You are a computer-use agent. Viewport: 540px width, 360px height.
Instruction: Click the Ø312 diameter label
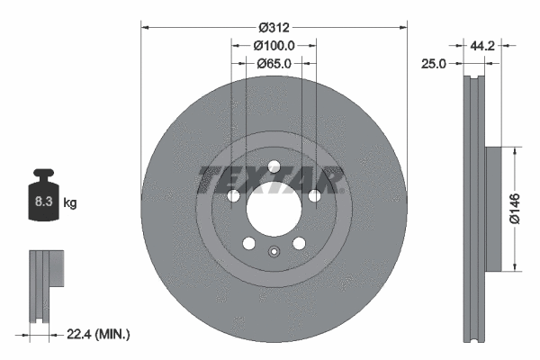click(x=274, y=27)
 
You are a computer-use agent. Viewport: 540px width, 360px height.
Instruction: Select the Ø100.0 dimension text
click(x=274, y=45)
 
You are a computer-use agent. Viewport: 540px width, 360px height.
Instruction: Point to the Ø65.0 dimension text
click(x=274, y=63)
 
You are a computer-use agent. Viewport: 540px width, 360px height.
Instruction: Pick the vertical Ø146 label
click(x=514, y=208)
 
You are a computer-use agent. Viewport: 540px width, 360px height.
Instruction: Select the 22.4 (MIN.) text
click(x=100, y=335)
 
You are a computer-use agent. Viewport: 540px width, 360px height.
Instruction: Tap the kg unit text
click(x=70, y=203)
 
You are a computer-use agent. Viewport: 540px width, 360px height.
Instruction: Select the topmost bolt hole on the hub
click(x=274, y=165)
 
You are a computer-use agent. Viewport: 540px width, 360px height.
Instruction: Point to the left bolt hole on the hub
click(x=232, y=196)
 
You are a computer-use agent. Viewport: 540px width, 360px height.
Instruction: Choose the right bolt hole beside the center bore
click(x=315, y=196)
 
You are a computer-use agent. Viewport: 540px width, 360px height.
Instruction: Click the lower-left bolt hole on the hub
click(x=248, y=244)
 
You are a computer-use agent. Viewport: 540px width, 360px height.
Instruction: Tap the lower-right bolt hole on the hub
click(x=299, y=244)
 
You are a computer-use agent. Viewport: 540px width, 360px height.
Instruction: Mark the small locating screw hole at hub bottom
click(x=274, y=251)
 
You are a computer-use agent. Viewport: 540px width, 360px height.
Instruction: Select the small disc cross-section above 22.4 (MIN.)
click(x=43, y=283)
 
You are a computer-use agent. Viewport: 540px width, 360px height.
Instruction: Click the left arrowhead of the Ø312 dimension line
click(x=145, y=27)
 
